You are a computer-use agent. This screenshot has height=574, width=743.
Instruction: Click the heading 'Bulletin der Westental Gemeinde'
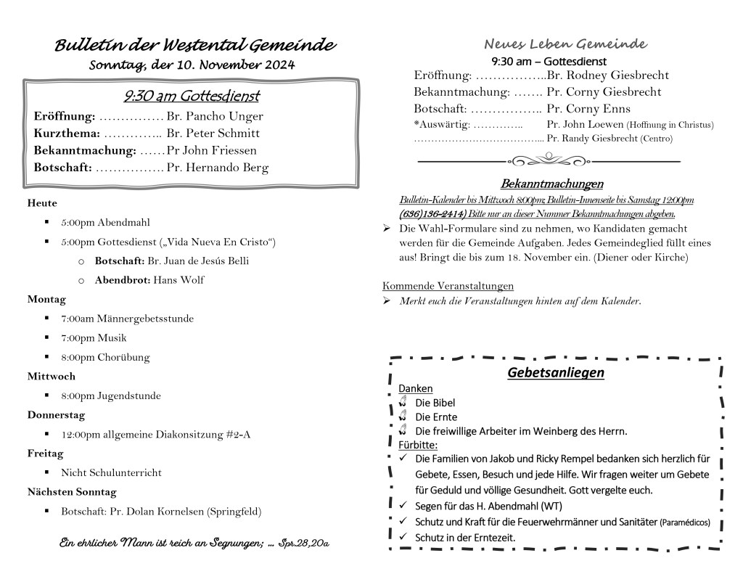coord(195,46)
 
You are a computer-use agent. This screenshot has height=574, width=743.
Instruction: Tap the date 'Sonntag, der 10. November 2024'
coord(192,65)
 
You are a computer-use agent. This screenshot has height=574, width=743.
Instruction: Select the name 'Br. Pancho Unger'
coord(215,116)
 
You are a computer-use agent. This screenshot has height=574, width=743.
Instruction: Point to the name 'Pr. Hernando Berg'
coord(218,168)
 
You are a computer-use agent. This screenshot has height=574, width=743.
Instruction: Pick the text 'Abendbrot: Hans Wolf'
coord(149,280)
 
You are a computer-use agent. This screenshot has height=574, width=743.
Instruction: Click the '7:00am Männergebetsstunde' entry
coord(127,319)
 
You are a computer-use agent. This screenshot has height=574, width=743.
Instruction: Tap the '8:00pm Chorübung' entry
coord(105,357)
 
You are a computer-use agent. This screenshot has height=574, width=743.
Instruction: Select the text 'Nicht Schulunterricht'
coord(111,473)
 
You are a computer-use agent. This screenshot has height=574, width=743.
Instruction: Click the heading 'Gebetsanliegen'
coord(556,373)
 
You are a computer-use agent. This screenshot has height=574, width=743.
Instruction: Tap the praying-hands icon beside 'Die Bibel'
coord(403,402)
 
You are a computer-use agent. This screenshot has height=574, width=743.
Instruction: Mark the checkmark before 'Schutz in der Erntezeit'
coord(403,537)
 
